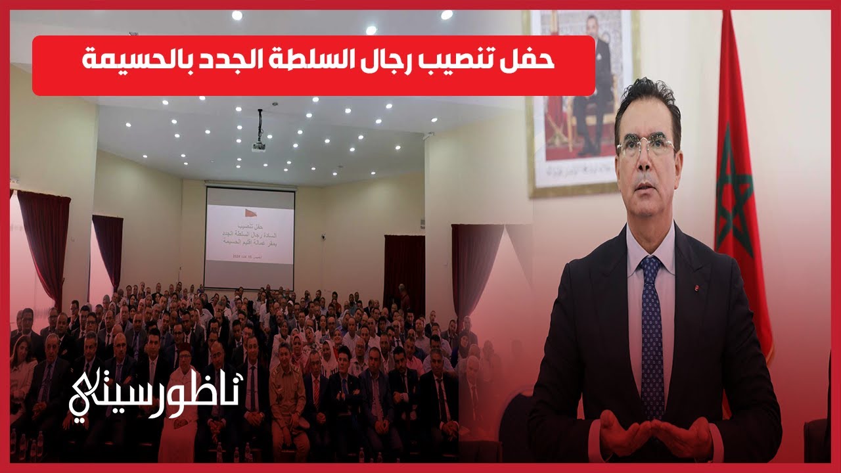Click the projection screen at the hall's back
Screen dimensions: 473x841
pyautogui.click(x=250, y=236)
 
